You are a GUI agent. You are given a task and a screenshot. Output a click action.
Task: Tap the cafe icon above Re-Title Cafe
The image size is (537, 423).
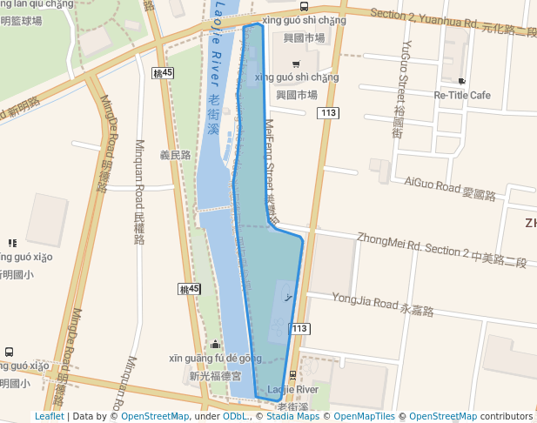click(x=462, y=81)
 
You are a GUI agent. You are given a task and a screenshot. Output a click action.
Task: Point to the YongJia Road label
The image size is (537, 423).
click(x=382, y=305)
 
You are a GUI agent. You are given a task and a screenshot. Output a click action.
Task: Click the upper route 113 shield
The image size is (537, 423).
click(x=328, y=113)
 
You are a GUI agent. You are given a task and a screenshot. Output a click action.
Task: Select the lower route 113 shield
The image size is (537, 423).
click(x=299, y=328)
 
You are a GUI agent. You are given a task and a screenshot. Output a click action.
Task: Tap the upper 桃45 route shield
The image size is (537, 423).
click(x=161, y=73)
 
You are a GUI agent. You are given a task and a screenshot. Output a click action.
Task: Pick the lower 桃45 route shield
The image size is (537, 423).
click(x=189, y=289)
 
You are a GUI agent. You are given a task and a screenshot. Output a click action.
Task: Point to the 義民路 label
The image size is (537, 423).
click(x=174, y=155)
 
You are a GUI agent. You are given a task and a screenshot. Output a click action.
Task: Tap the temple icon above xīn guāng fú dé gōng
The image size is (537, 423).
click(x=215, y=345)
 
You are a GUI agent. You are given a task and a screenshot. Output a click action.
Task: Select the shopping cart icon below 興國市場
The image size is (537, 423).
click(x=296, y=64)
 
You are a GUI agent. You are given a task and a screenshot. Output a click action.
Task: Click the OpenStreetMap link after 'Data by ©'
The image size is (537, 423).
click(x=154, y=417)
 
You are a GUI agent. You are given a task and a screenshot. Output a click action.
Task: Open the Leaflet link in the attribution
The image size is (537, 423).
click(x=49, y=417)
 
